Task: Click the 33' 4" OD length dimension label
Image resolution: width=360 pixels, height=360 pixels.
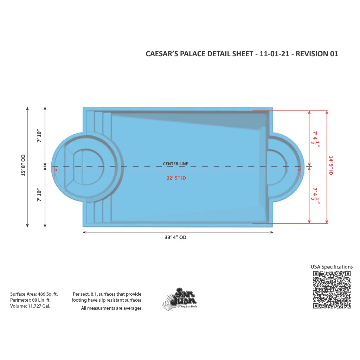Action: coord(175,237)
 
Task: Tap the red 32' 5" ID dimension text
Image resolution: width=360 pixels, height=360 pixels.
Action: coord(176,178)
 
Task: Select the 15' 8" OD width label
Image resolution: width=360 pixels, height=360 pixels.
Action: coord(23,165)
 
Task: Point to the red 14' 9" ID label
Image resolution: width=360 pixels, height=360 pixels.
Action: coord(331,165)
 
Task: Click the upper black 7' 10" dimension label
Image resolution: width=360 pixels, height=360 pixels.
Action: coord(39,136)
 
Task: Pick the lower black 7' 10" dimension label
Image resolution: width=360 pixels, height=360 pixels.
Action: coord(39,195)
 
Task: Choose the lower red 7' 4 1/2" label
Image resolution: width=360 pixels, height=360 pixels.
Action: coord(315,196)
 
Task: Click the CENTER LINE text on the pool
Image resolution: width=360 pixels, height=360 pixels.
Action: coord(175,164)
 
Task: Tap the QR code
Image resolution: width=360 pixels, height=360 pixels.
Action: coord(332,290)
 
